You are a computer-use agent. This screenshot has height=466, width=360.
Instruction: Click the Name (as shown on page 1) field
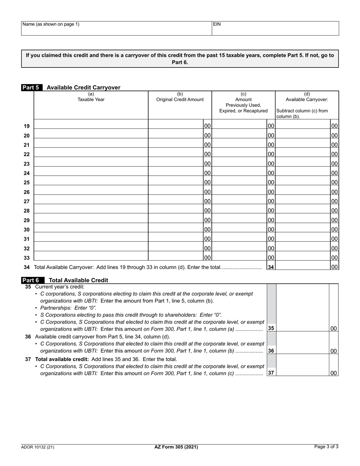click(116, 30)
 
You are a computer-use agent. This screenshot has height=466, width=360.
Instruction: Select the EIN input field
click(275, 30)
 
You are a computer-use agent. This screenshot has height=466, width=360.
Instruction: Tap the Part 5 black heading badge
click(32, 88)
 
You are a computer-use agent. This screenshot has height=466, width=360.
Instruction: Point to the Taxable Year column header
click(91, 97)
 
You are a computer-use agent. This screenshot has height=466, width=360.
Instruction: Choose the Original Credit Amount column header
click(180, 97)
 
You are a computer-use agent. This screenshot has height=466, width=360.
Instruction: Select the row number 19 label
click(27, 126)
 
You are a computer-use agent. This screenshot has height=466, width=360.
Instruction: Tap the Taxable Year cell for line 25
click(91, 182)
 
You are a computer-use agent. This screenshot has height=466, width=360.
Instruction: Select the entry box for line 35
click(302, 328)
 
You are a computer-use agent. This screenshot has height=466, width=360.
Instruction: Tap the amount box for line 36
click(302, 350)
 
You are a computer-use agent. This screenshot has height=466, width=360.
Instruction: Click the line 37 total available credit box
click(302, 372)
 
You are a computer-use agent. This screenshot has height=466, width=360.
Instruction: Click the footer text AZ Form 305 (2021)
click(176, 447)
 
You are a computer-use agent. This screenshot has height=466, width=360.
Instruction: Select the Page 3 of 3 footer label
click(326, 447)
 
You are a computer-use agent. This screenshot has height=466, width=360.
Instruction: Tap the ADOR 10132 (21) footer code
click(38, 447)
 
